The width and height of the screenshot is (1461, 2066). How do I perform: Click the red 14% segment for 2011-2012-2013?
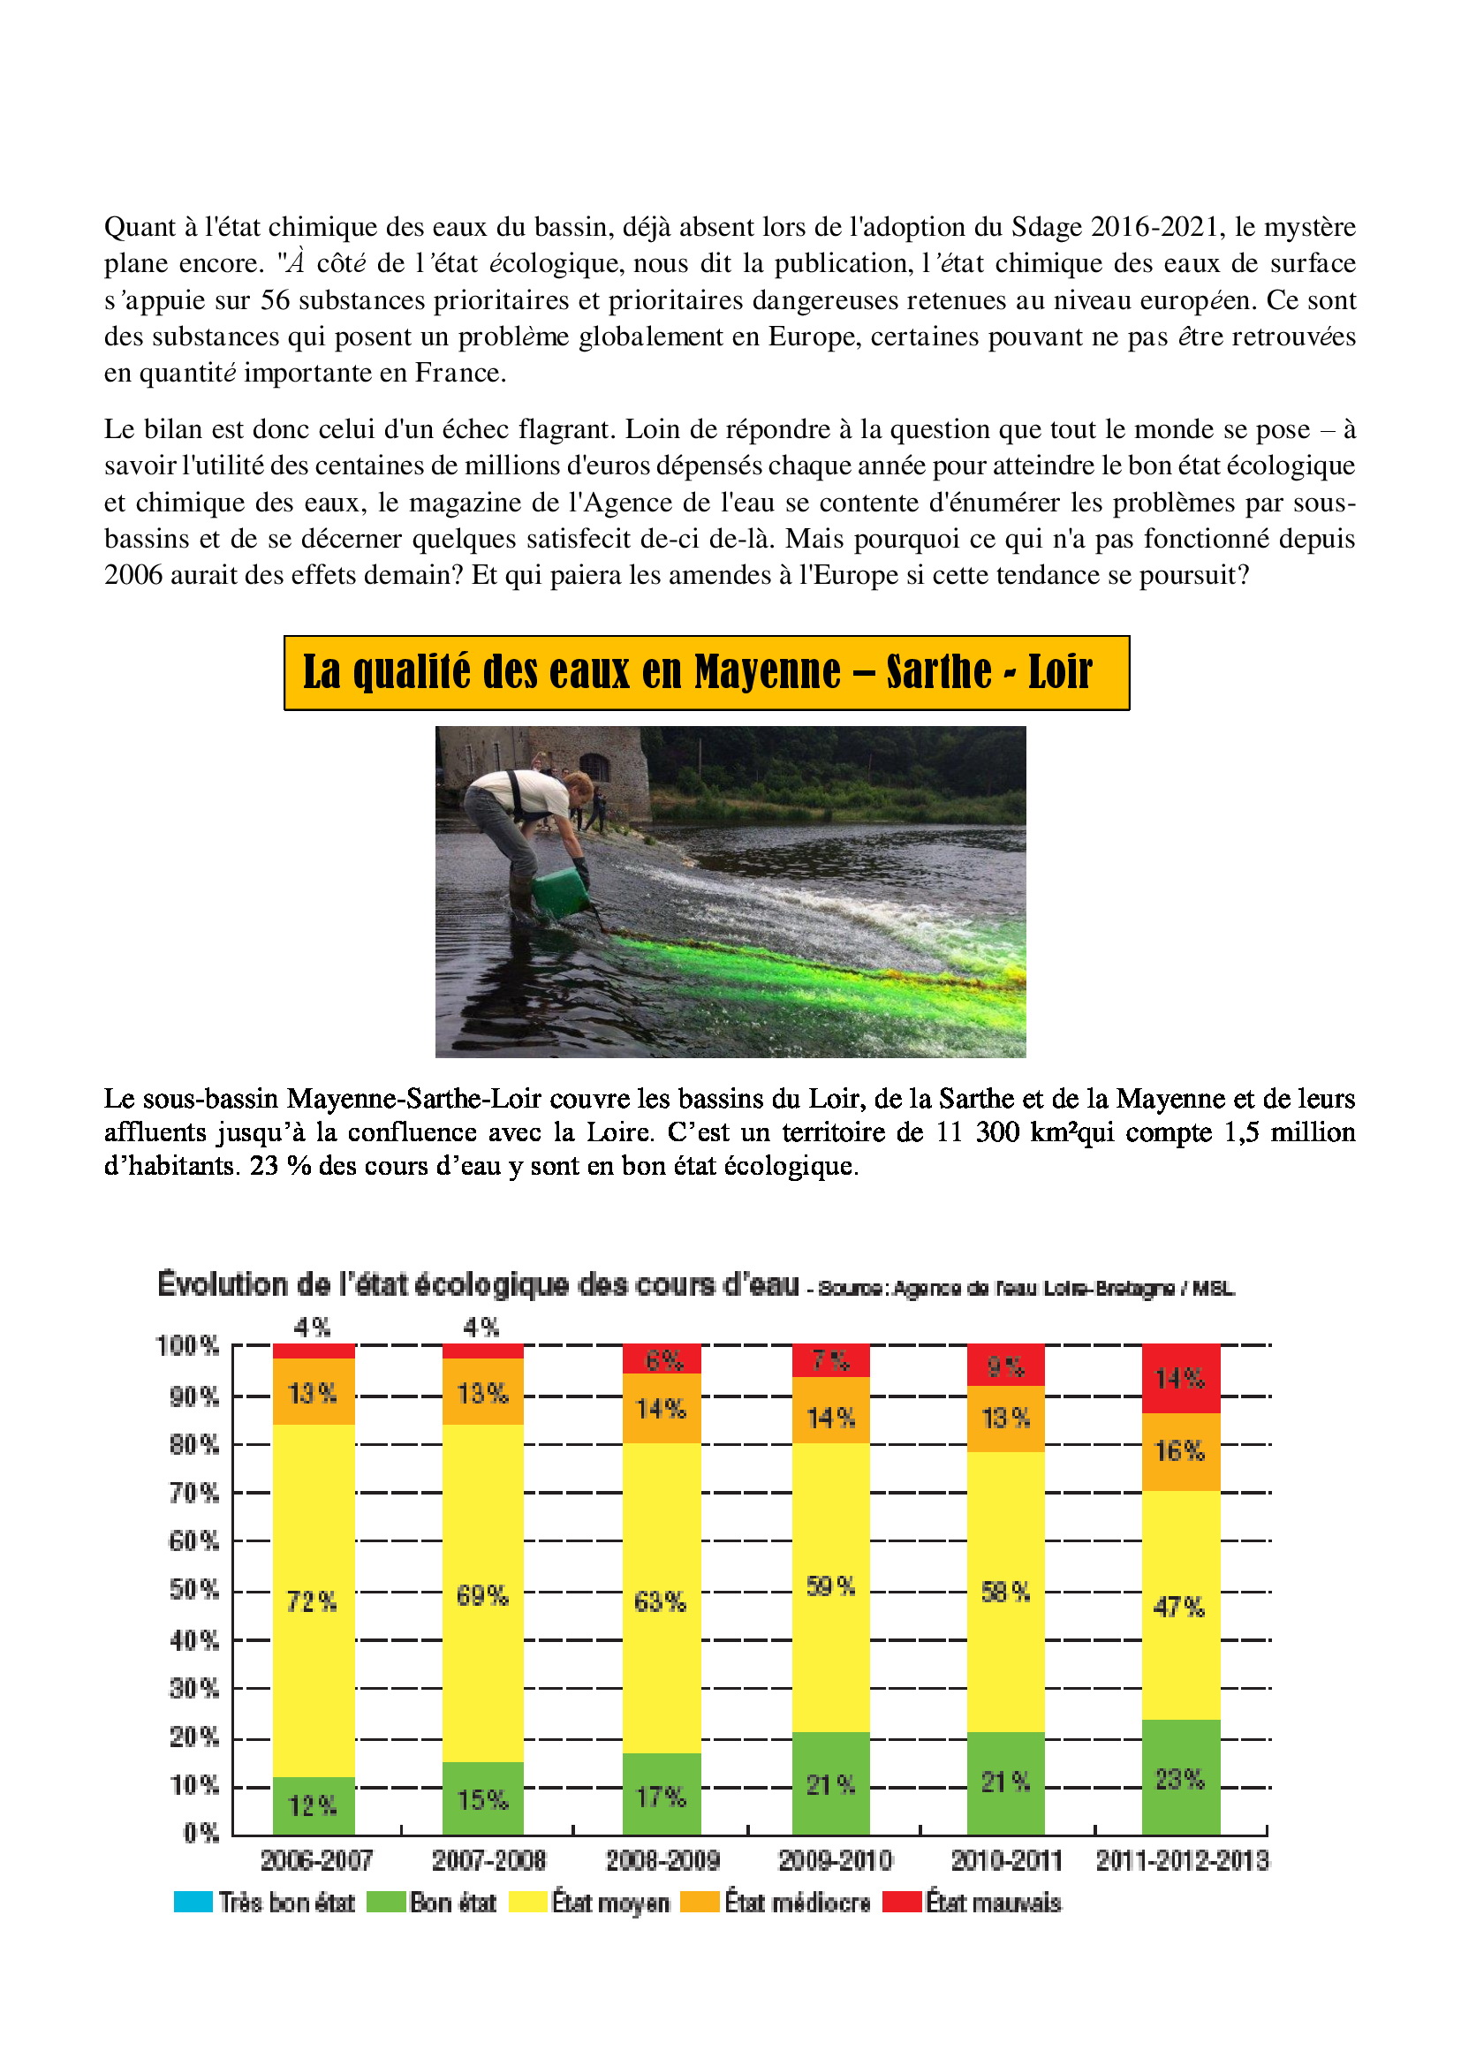coord(1180,1379)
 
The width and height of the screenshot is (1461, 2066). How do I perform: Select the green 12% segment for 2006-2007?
coord(313,1805)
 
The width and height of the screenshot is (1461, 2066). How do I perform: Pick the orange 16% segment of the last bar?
coord(1180,1451)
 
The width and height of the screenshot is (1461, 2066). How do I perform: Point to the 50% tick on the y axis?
coord(194,1590)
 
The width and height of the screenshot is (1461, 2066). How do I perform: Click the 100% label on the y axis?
coord(187,1346)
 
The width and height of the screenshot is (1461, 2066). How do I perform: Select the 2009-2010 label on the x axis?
coord(834,1861)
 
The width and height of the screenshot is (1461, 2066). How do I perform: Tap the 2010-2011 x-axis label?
coord(1006,1861)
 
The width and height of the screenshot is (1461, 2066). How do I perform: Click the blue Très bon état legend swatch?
coord(193,1903)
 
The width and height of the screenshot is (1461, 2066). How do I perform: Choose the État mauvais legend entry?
coord(972,1903)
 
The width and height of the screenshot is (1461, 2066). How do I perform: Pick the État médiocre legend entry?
coord(776,1903)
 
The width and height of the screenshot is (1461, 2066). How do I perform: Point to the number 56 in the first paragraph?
coord(276,299)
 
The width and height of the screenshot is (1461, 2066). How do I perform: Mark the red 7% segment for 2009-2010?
coord(830,1360)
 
